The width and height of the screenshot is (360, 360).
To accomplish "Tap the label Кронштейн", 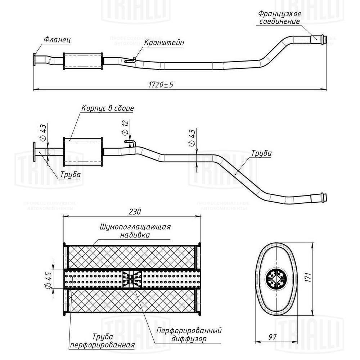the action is (x=165, y=42).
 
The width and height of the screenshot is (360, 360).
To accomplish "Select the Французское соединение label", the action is (x=279, y=18).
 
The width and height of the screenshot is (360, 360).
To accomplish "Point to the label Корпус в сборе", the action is (x=108, y=108).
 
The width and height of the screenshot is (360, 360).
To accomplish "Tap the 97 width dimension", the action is (x=272, y=337).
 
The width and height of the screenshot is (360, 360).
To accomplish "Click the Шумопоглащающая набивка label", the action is (x=135, y=231).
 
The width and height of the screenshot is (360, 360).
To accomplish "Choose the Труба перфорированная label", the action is (x=103, y=341).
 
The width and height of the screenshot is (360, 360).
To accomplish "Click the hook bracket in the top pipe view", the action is (x=130, y=61).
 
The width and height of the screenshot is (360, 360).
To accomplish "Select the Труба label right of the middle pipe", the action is (x=262, y=153).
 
